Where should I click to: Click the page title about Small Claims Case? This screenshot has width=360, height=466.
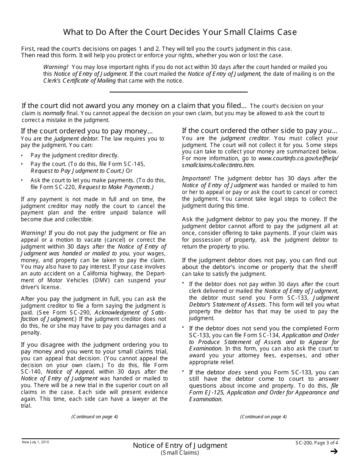180,32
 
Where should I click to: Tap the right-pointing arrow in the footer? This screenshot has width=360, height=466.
334,451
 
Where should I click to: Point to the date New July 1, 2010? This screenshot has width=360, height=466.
35,442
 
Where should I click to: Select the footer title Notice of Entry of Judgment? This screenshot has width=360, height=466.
180,446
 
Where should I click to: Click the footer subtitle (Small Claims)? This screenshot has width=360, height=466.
180,453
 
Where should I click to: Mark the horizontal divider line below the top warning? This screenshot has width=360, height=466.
178,92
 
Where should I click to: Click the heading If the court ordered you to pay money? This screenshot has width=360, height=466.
87,131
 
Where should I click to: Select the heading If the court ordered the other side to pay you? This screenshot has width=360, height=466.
260,131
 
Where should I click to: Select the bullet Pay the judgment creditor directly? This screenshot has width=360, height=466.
75,155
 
